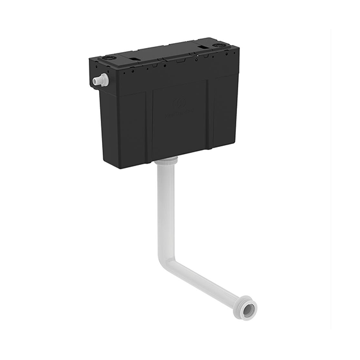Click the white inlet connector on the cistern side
[101, 80]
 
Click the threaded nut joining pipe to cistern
[166, 160]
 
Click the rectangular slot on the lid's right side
[206, 47]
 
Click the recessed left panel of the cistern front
[131, 129]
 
